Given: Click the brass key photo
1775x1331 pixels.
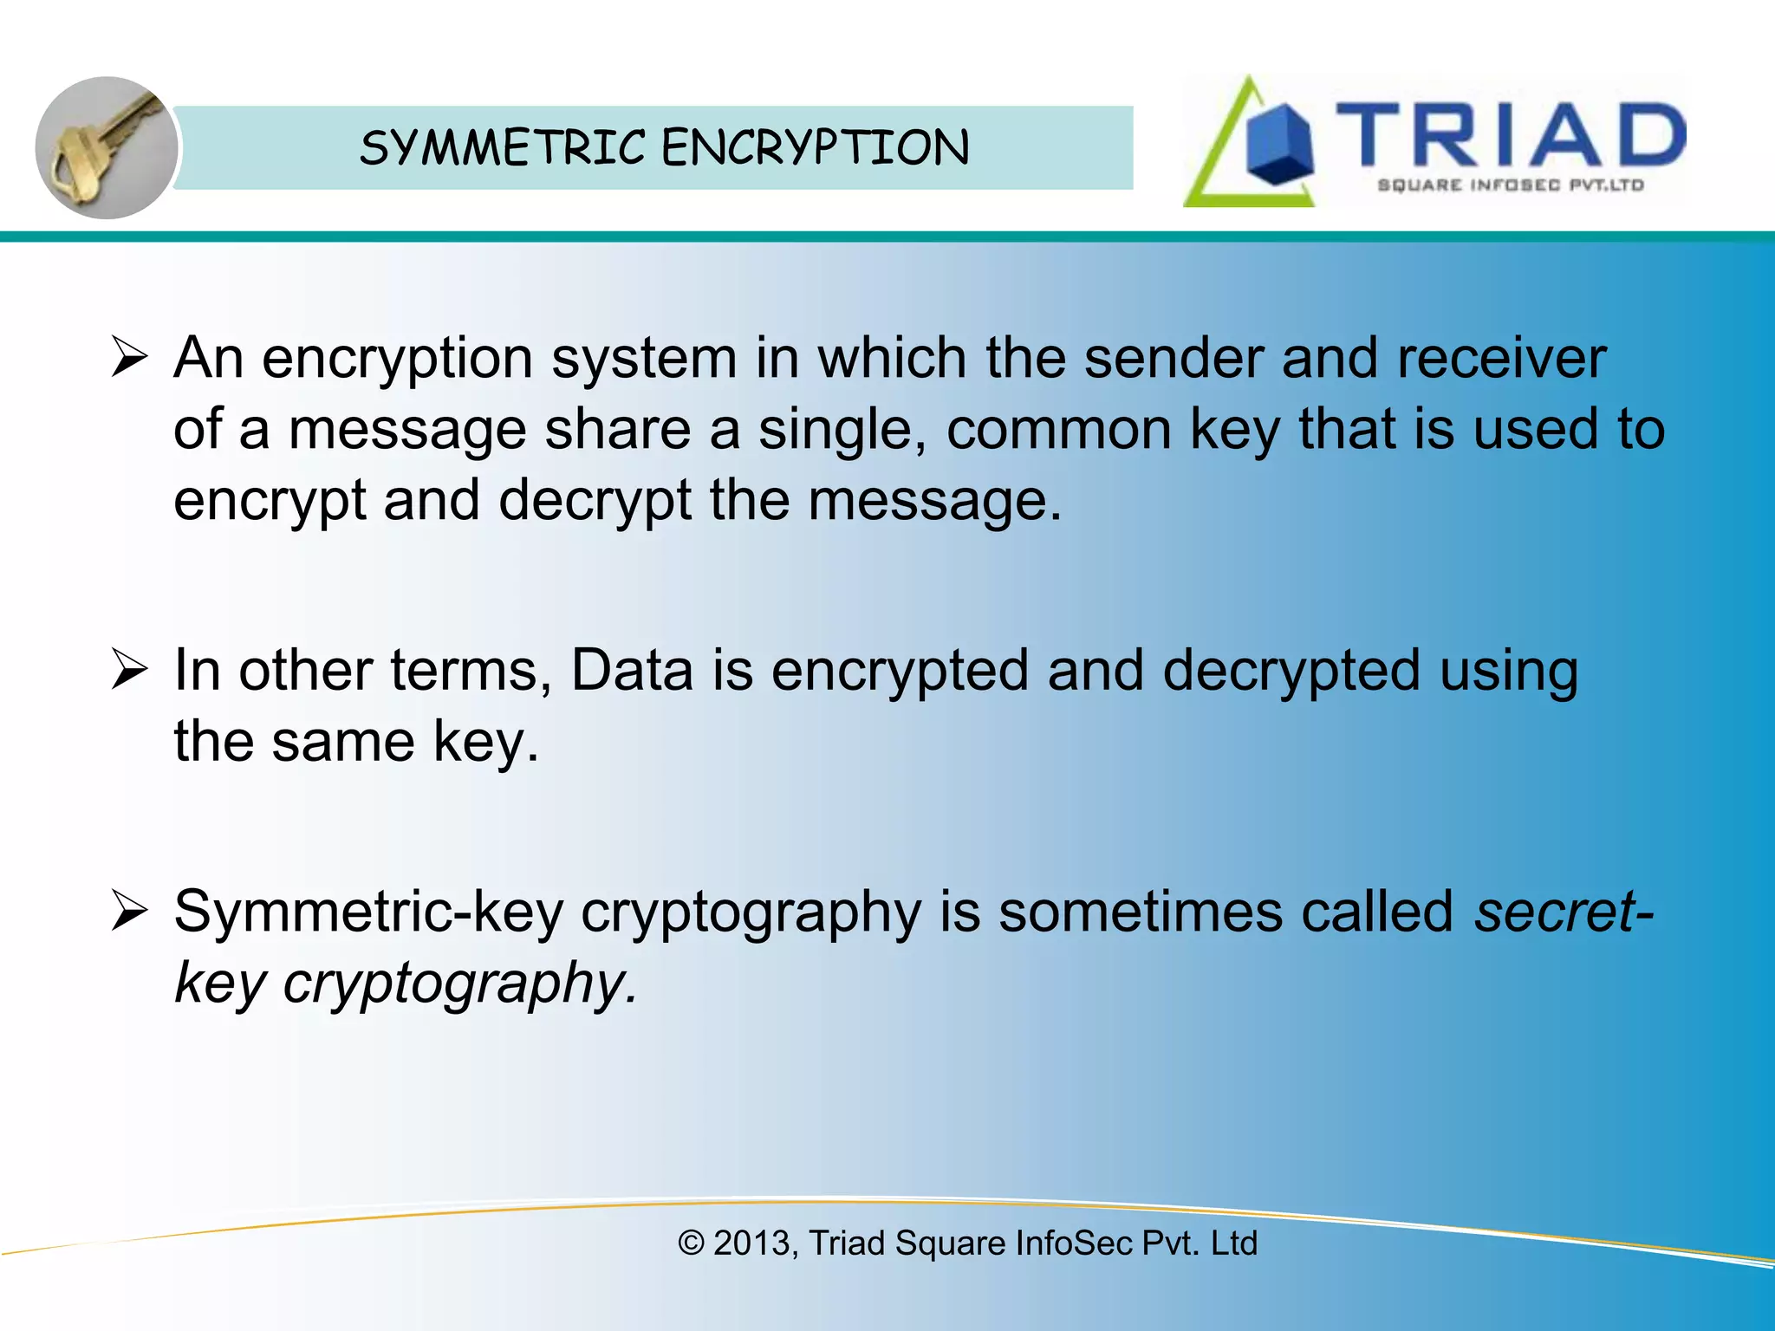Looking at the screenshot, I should (106, 147).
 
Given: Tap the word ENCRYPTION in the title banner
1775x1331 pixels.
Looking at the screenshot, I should (816, 148).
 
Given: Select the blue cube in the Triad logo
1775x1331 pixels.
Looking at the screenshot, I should (1279, 145).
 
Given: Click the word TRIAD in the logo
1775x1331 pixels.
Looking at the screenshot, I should (1510, 134).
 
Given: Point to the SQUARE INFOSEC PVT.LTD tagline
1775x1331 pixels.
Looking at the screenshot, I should (1510, 185).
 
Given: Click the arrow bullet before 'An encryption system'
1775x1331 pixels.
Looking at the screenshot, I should (130, 358).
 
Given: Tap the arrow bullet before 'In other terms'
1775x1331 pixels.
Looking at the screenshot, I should (130, 671).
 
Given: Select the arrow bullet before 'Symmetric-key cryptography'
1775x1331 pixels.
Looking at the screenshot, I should (130, 912).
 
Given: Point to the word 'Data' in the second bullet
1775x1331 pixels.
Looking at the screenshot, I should (632, 671).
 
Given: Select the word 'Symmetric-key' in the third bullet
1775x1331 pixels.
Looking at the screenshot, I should (368, 912).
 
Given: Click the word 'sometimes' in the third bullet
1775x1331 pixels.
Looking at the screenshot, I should (1140, 912).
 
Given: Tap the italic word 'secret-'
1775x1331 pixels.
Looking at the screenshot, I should (1564, 912).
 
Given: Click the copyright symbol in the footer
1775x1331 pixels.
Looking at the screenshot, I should (691, 1243).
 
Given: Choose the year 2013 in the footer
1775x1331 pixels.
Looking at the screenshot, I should (751, 1243).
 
